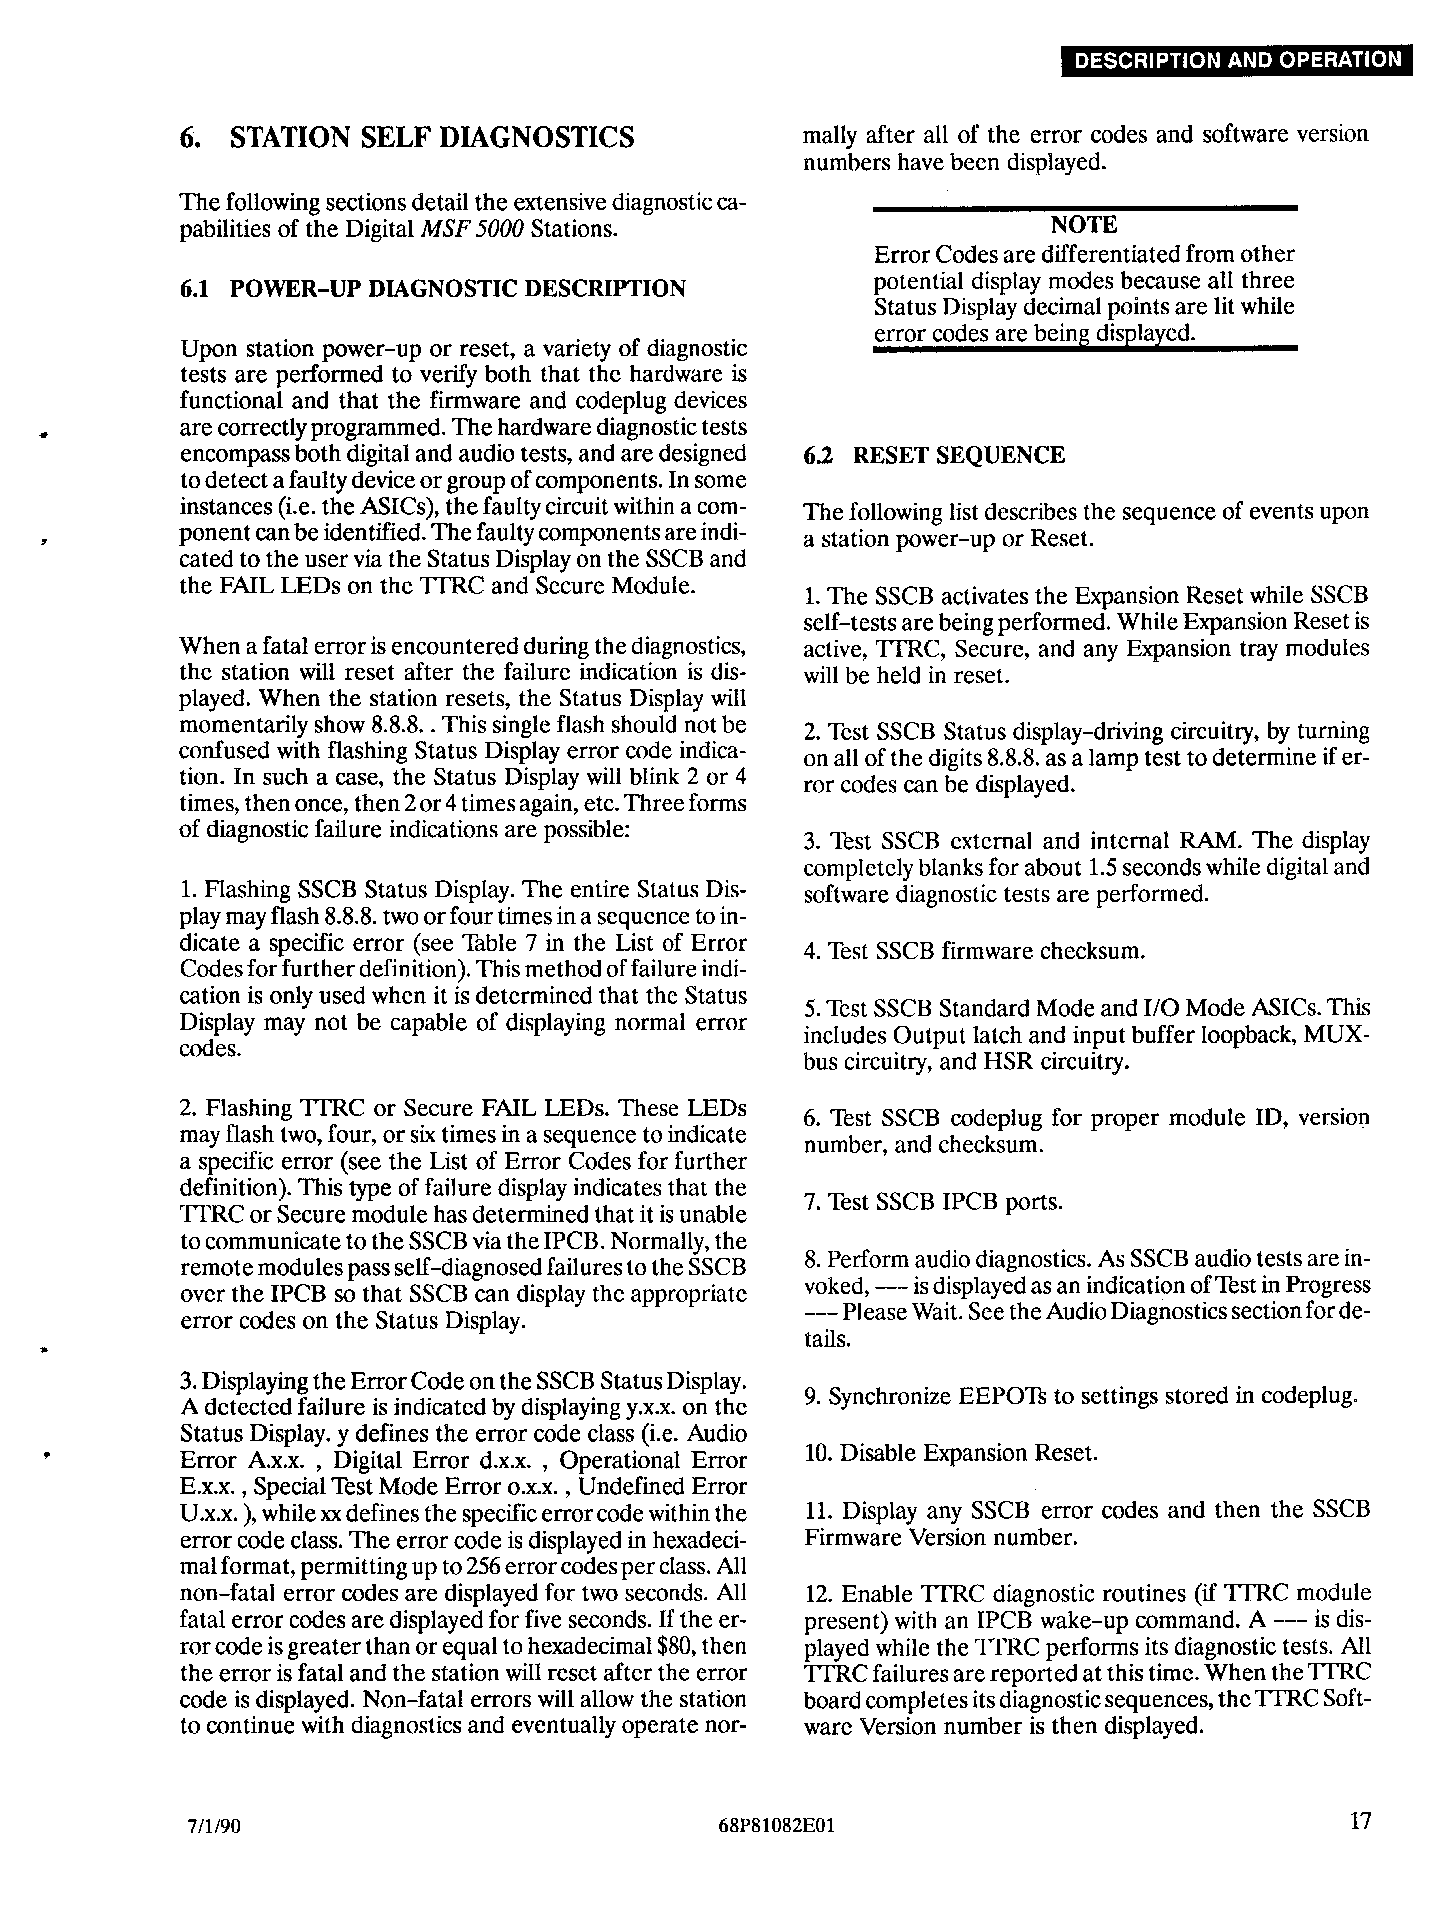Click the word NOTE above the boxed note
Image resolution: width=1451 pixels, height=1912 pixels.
click(1085, 225)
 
